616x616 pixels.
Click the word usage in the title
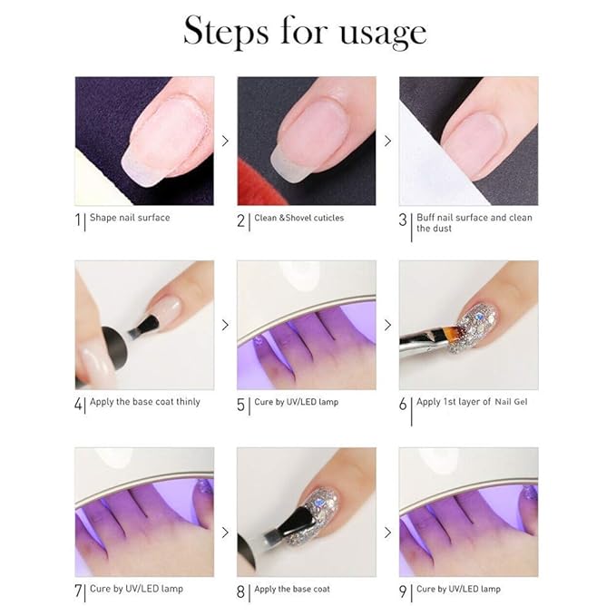pos(382,33)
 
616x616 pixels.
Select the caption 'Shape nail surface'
pos(130,218)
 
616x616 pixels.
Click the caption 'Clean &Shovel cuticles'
pos(298,219)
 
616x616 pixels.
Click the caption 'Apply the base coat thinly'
pos(145,402)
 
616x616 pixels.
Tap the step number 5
pos(241,403)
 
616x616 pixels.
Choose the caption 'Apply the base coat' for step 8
pos(292,589)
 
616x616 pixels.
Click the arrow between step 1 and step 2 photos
pos(225,141)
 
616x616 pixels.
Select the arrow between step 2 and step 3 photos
pos(387,141)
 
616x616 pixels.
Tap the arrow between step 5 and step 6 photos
pos(387,325)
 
